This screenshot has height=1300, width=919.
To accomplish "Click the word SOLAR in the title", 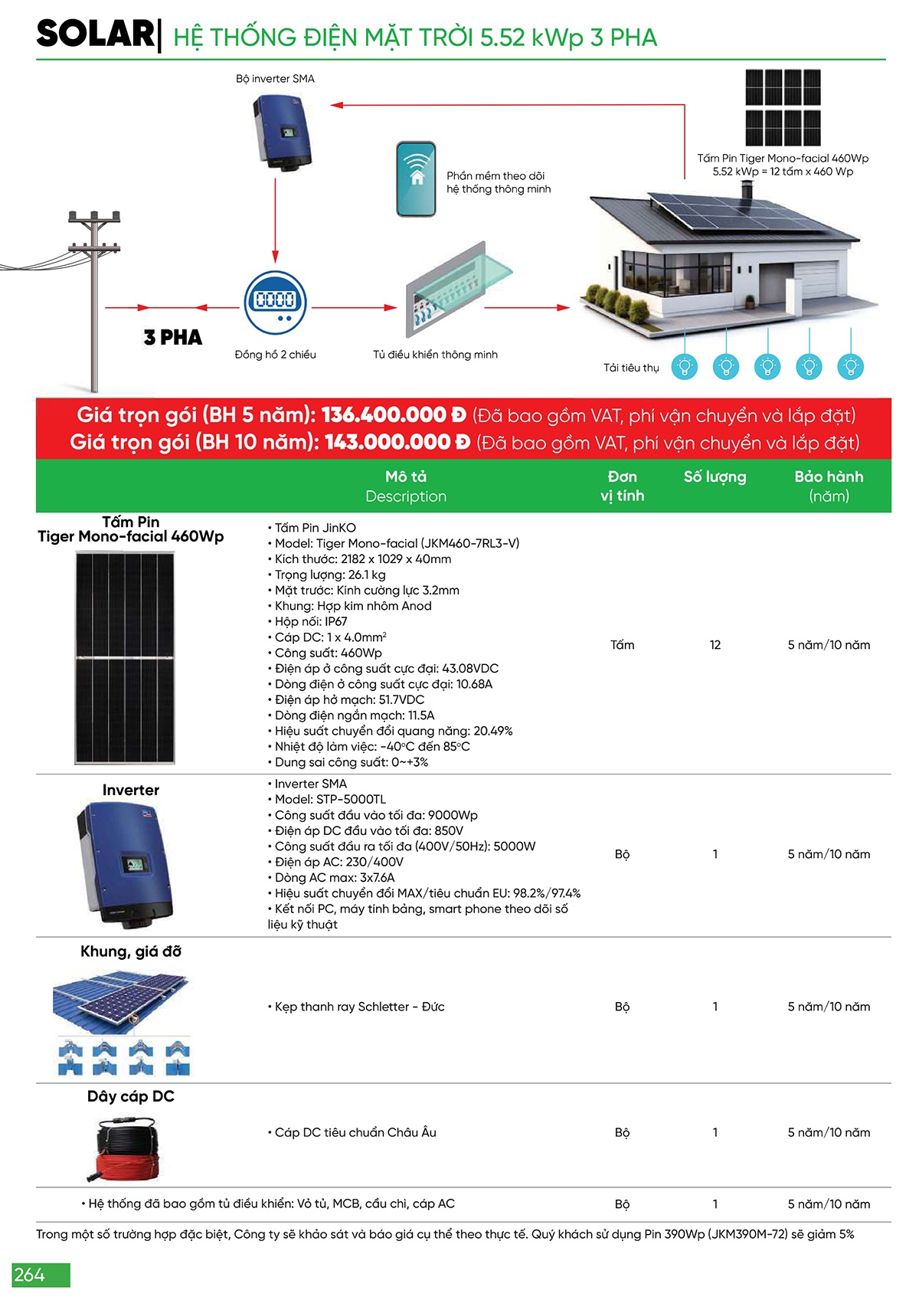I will coord(95,34).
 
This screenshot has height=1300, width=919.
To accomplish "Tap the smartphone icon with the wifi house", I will coord(416,178).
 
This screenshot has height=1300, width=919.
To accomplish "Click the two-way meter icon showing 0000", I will coord(275,302).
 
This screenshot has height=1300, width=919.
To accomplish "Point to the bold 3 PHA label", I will coord(173,337).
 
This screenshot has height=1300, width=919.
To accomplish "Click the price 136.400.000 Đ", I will coord(394,415).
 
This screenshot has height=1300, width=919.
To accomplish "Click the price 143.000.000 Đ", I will coord(397,442).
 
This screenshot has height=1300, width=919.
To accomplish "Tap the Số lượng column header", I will coord(715,476).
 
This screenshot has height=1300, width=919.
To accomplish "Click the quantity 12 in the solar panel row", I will coord(715,645).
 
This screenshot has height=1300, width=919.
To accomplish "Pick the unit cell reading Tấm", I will coord(622,645).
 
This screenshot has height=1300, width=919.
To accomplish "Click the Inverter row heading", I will coord(131,790).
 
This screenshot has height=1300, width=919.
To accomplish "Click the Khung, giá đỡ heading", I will coord(131,951).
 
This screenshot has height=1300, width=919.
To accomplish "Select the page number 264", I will coord(30,1275).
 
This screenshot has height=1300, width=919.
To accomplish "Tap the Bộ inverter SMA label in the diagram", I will coord(275,78).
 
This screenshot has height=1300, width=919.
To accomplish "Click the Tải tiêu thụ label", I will coord(631,368).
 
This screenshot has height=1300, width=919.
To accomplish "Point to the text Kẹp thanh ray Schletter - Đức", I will coord(359,1007).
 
